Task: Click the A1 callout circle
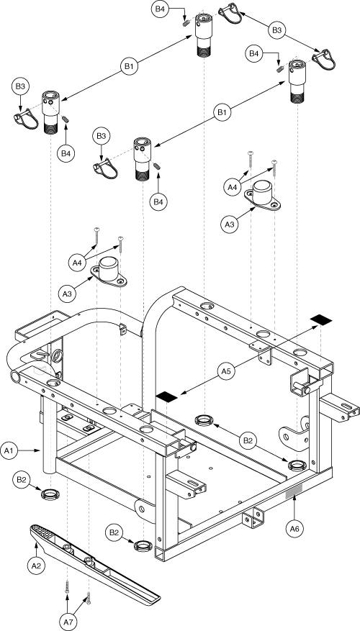[x=9, y=450]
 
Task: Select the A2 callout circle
[x=36, y=566]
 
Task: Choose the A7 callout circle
[x=68, y=622]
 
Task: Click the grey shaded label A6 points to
[x=294, y=491]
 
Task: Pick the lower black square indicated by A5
[x=166, y=396]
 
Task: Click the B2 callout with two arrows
[x=248, y=441]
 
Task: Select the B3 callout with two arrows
[x=276, y=29]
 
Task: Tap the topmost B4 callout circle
[x=160, y=9]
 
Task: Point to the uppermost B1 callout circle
[x=128, y=67]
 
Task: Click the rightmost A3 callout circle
[x=229, y=224]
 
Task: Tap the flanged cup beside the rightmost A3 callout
[x=263, y=195]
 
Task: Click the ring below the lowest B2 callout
[x=143, y=545]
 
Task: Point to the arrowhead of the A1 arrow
[x=41, y=450]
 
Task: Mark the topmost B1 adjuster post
[x=205, y=35]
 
